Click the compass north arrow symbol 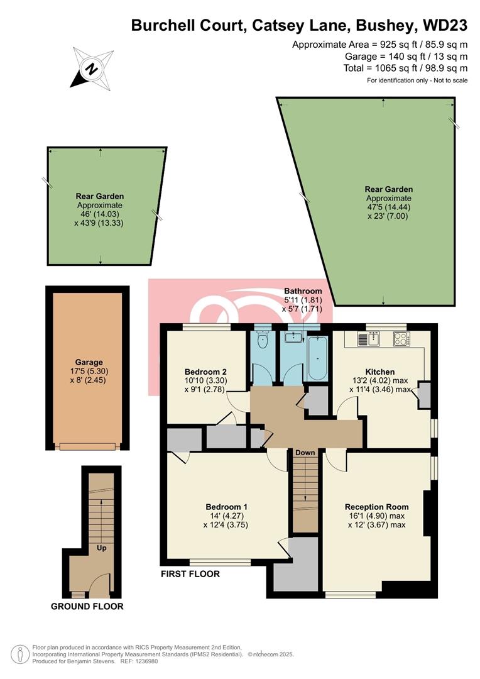pyautogui.click(x=92, y=68)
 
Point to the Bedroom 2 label pyautogui.click(x=205, y=371)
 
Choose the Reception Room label pyautogui.click(x=376, y=507)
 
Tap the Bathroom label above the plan pyautogui.click(x=303, y=291)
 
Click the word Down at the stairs pyautogui.click(x=305, y=453)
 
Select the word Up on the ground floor pyautogui.click(x=100, y=548)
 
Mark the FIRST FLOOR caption pyautogui.click(x=190, y=574)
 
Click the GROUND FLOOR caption pyautogui.click(x=87, y=607)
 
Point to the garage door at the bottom pyautogui.click(x=87, y=446)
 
